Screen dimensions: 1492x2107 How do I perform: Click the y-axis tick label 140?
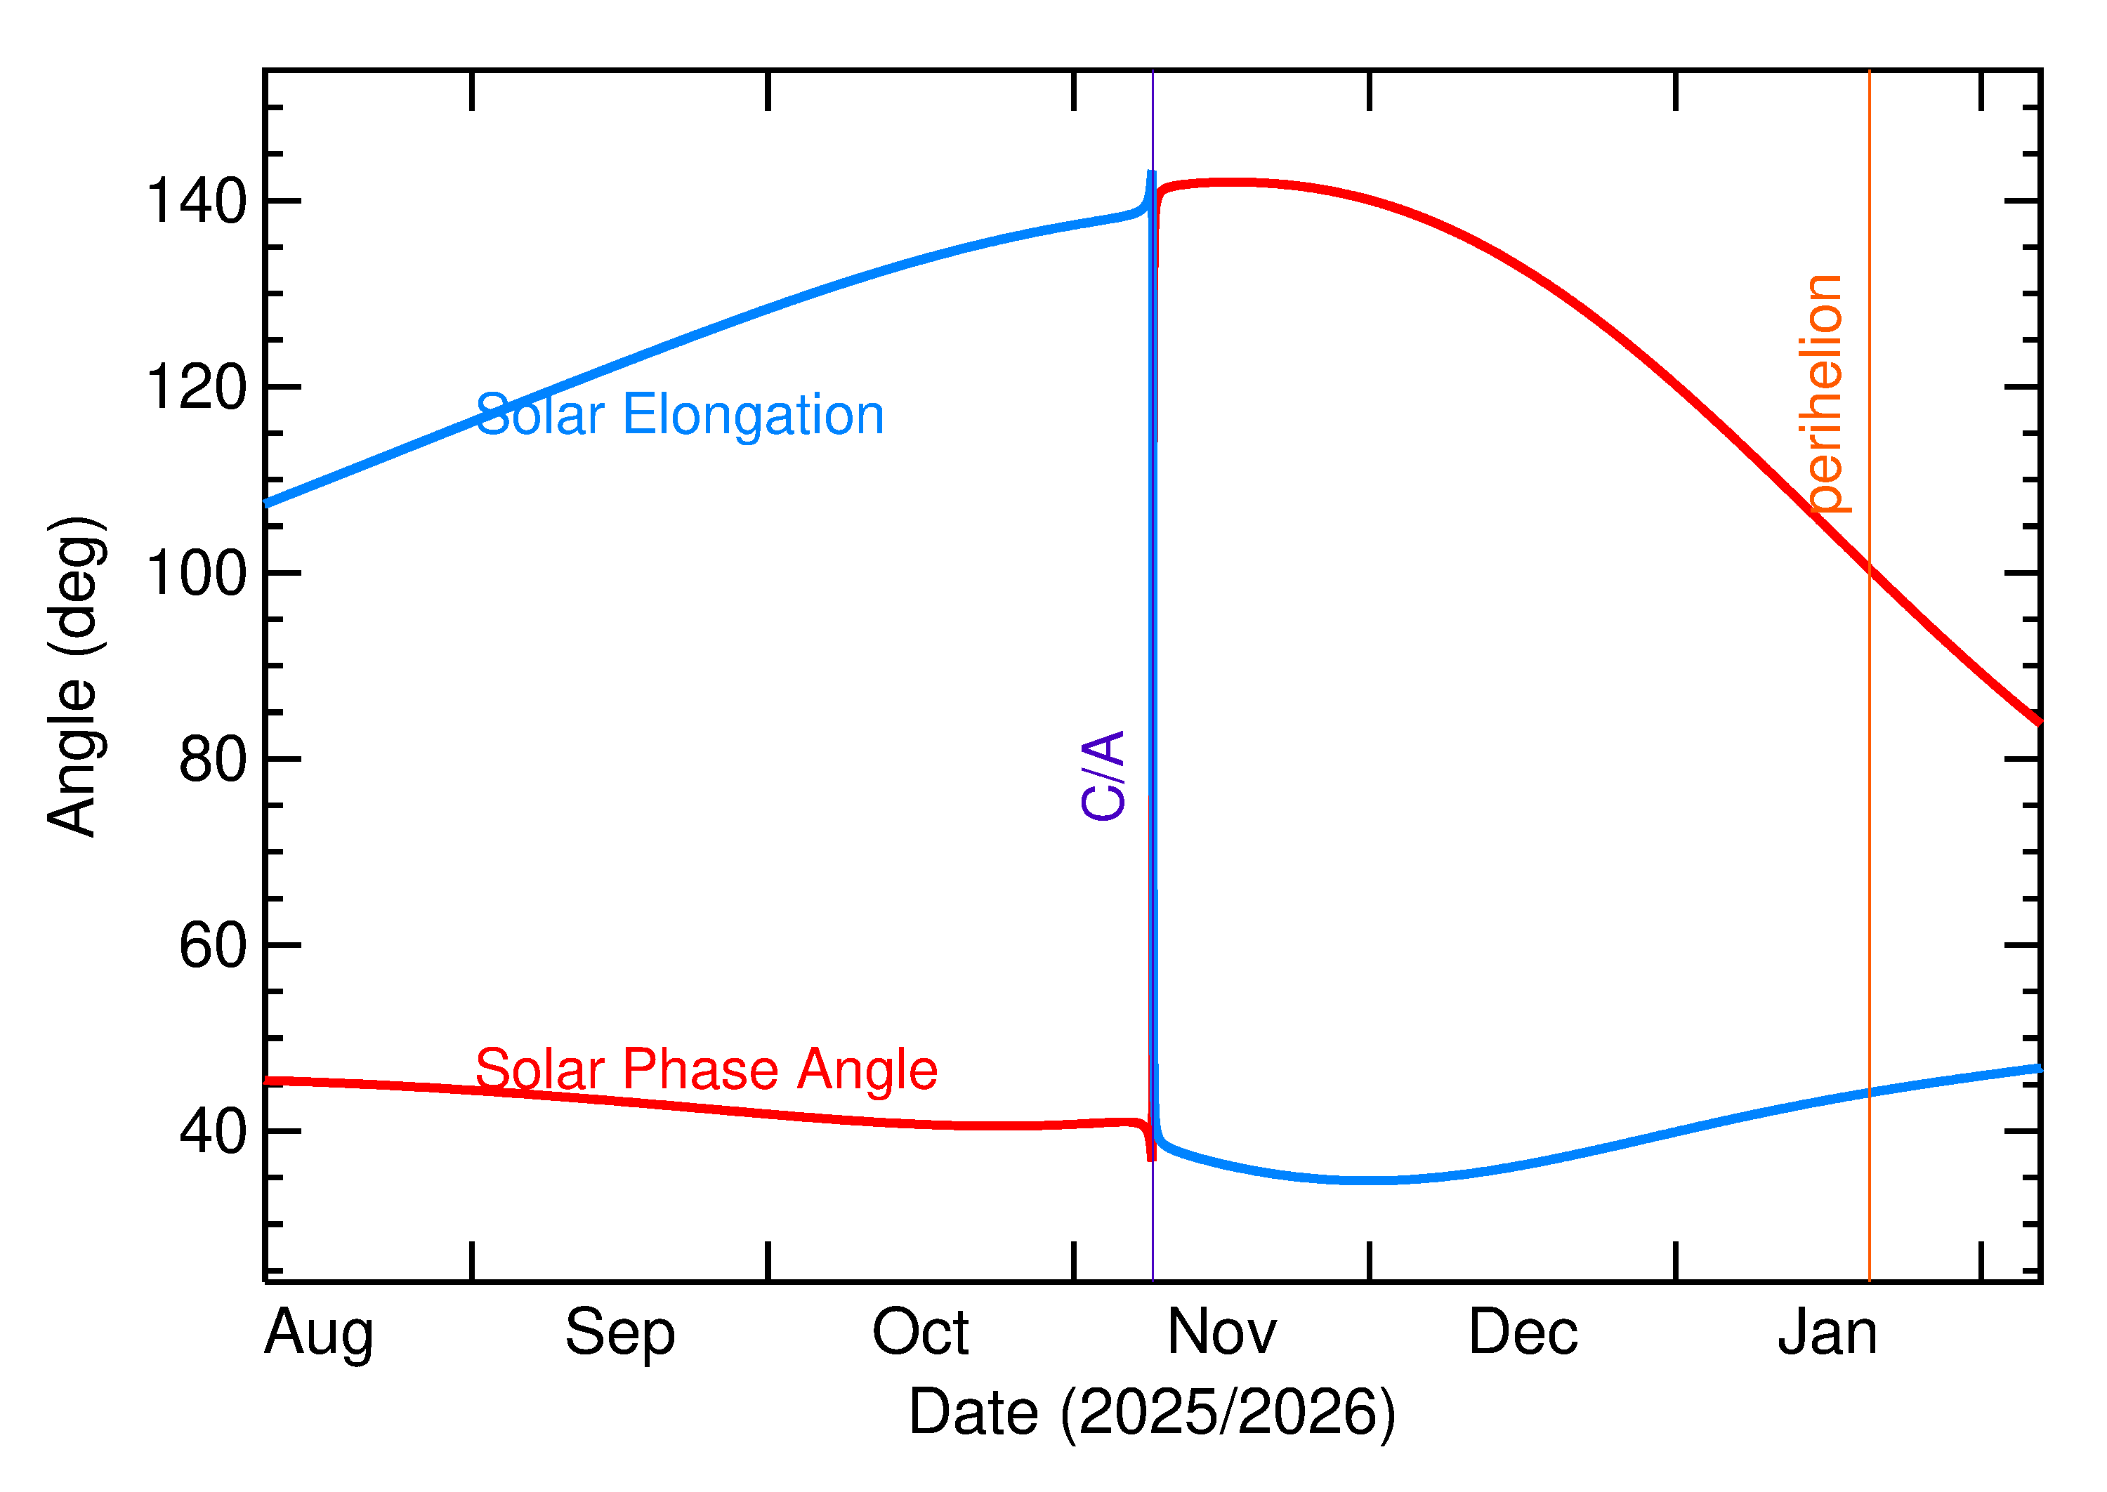[x=197, y=202]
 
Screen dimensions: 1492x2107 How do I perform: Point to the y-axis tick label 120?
[x=197, y=388]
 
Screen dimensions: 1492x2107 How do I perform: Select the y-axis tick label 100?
[x=197, y=574]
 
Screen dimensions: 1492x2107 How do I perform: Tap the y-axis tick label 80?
[x=214, y=760]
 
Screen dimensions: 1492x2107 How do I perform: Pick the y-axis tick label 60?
[x=214, y=947]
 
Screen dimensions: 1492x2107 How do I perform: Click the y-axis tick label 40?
[x=214, y=1133]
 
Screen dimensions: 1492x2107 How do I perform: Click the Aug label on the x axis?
[x=319, y=1335]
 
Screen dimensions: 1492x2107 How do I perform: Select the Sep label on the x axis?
[x=619, y=1333]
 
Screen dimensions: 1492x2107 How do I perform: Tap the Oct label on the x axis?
[x=920, y=1333]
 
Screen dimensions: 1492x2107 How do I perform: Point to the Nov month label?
[x=1221, y=1333]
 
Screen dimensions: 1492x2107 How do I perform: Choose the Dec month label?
[x=1523, y=1333]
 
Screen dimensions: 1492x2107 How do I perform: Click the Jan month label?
[x=1827, y=1333]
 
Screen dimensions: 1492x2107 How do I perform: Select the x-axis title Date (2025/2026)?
[x=1153, y=1413]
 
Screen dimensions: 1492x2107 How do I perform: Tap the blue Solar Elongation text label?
[x=680, y=415]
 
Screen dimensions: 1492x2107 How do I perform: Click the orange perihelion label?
[x=1822, y=393]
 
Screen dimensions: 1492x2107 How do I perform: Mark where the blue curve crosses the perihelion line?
[x=1869, y=1093]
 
